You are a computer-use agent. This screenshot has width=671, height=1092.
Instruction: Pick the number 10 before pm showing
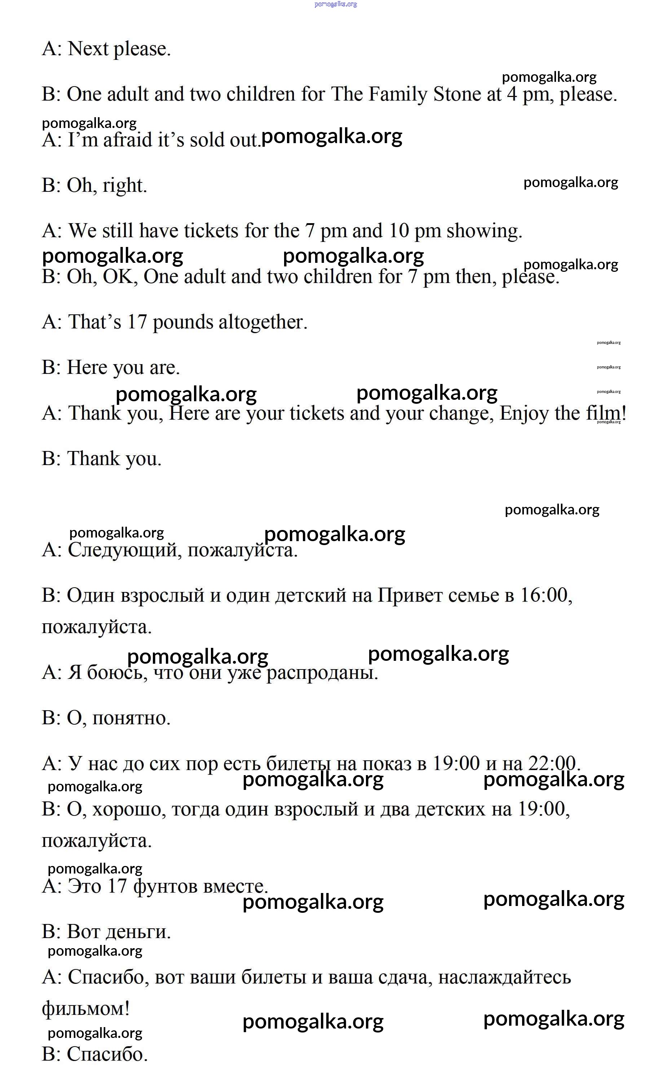(x=398, y=231)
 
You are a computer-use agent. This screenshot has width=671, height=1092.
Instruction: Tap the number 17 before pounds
(x=137, y=322)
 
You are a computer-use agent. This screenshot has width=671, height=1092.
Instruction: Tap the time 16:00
(x=544, y=596)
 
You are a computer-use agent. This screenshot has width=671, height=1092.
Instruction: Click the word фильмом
(x=86, y=1009)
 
